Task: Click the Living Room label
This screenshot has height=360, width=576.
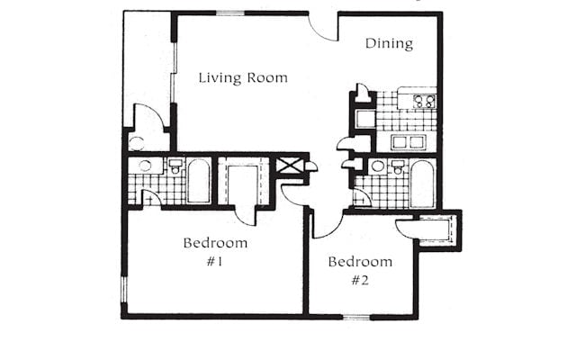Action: pyautogui.click(x=243, y=78)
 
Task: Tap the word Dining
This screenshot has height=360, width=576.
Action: pyautogui.click(x=389, y=43)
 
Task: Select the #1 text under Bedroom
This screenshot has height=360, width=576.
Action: pyautogui.click(x=214, y=262)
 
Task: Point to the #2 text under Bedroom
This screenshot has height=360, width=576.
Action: pyautogui.click(x=360, y=281)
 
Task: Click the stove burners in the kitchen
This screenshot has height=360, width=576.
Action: pyautogui.click(x=425, y=101)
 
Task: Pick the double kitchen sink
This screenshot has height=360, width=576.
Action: pyautogui.click(x=409, y=142)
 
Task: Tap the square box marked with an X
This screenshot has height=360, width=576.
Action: pyautogui.click(x=290, y=165)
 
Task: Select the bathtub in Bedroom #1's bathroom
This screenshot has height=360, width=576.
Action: pyautogui.click(x=198, y=181)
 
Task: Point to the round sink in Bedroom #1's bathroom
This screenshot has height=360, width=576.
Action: pyautogui.click(x=145, y=166)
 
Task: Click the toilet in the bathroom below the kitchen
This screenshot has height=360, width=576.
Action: pyautogui.click(x=397, y=167)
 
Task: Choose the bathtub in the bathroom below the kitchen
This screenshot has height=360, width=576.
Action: pyautogui.click(x=422, y=184)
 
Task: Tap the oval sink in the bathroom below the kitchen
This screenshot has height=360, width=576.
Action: pyautogui.click(x=378, y=166)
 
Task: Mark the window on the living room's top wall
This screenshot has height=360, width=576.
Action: pyautogui.click(x=230, y=13)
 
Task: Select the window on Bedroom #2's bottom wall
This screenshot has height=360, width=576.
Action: pyautogui.click(x=356, y=317)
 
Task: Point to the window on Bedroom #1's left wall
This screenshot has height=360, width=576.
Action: pyautogui.click(x=124, y=290)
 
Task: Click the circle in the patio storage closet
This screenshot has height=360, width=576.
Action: pyautogui.click(x=137, y=143)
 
